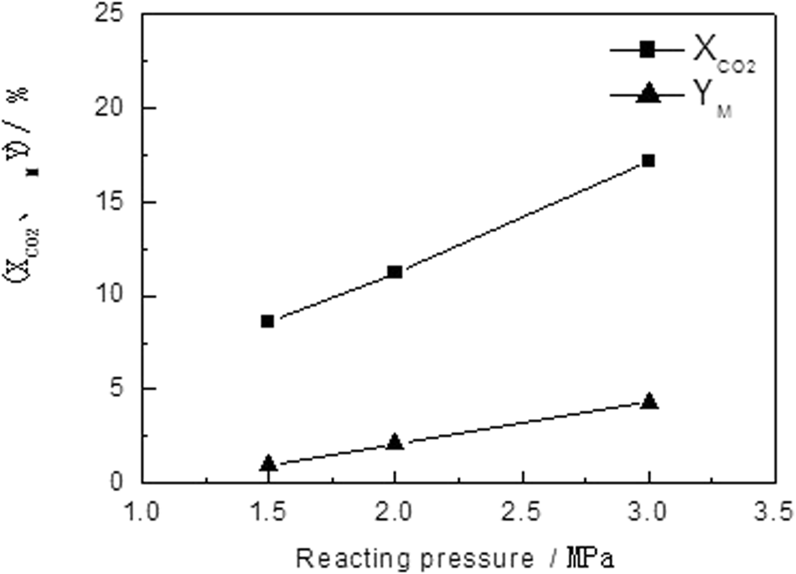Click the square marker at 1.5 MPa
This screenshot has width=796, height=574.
268,321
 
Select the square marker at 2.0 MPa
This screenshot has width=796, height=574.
395,271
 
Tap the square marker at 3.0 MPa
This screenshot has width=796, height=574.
649,160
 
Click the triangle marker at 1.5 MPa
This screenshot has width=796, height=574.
268,463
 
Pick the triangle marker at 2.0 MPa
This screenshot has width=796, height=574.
395,442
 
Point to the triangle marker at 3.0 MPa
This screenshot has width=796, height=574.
649,401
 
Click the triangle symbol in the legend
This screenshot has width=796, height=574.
647,96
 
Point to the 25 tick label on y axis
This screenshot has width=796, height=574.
115,15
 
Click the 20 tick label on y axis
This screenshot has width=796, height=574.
115,109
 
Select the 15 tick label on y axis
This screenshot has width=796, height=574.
115,203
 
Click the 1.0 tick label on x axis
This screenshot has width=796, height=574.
142,510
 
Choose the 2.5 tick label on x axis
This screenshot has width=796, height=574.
522,510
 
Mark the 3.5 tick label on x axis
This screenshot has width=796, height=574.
775,510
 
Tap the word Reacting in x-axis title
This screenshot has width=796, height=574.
343,556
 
